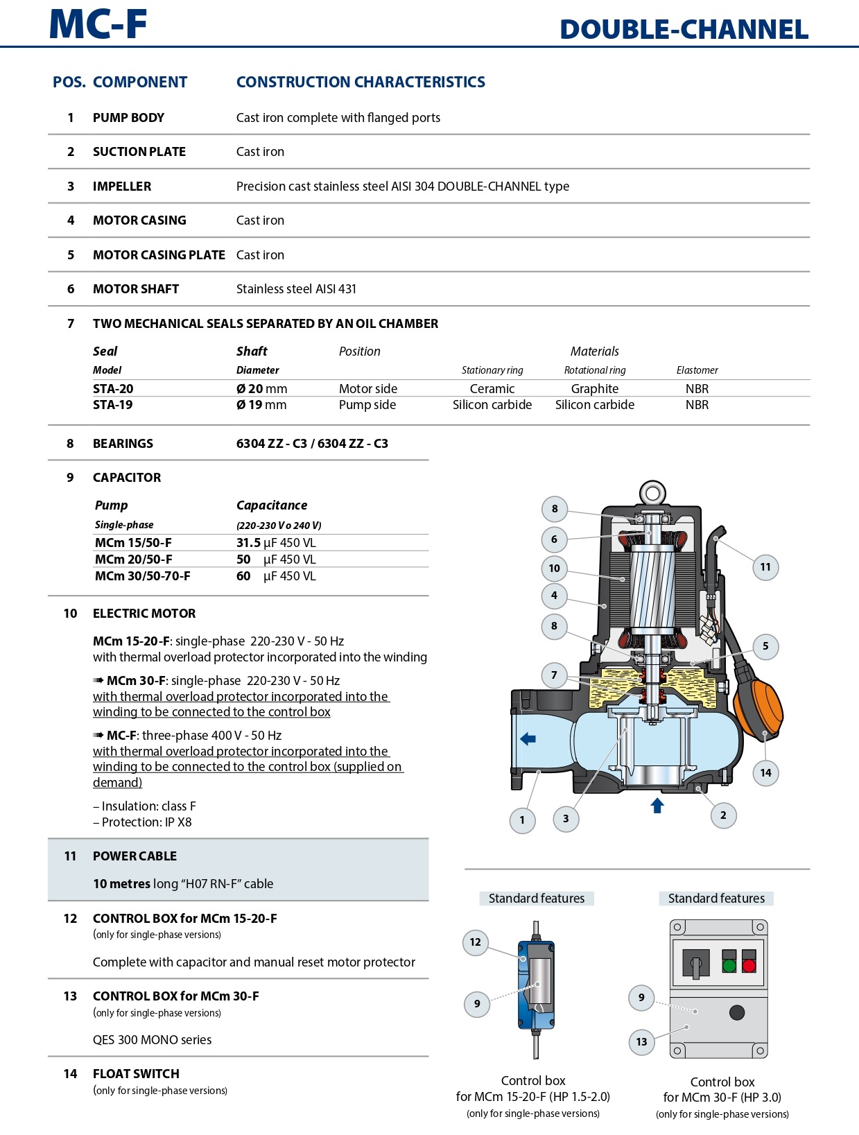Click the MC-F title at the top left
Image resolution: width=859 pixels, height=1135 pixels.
(x=98, y=24)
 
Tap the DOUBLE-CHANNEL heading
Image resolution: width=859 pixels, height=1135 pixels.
(x=684, y=30)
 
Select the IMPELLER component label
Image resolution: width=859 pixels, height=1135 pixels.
(x=122, y=187)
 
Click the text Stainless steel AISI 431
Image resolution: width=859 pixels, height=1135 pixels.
(x=296, y=289)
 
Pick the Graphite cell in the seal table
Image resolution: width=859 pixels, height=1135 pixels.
(x=594, y=389)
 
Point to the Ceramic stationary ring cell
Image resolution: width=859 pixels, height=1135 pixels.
(x=492, y=389)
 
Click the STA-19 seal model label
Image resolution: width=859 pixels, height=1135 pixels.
(x=113, y=405)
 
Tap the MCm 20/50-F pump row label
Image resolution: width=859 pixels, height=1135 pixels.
(x=134, y=560)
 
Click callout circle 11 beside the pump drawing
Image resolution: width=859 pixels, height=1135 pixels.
(x=765, y=567)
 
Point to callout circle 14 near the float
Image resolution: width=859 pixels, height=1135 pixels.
(x=765, y=773)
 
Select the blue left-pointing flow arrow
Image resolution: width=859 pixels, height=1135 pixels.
(x=528, y=739)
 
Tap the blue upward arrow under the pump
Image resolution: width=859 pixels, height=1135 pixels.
(x=657, y=805)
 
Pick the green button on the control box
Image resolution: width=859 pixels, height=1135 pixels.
(x=729, y=965)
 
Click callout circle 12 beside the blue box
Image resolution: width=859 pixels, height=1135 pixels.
(x=475, y=942)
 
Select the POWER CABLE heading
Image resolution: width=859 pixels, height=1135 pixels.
(x=135, y=856)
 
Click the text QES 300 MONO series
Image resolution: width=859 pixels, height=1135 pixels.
(x=152, y=1040)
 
